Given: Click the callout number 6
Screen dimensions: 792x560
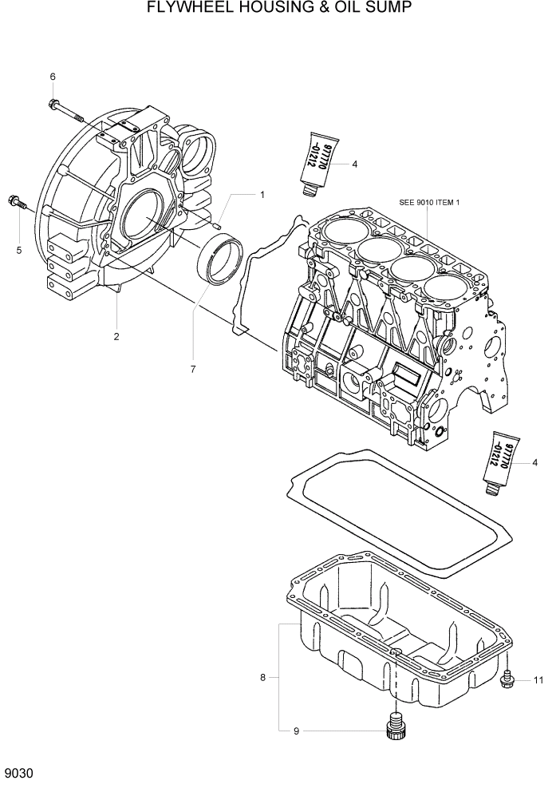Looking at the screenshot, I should pos(53,77).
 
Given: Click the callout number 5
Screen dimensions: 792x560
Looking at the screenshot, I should pos(19,250).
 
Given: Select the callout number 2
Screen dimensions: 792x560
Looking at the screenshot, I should pos(116,336).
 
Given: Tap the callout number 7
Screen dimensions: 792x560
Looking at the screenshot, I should pos(192,369).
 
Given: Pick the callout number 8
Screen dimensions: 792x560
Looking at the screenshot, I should pos(262,678).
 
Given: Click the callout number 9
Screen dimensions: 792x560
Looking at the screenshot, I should pos(297,731).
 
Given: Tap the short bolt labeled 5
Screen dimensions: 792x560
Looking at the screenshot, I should pos(16,202).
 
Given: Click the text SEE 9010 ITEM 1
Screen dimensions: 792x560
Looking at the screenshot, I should pos(429,203).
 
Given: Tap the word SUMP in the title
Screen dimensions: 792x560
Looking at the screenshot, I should pos(388,9).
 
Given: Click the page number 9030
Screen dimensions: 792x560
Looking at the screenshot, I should pos(19,774).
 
